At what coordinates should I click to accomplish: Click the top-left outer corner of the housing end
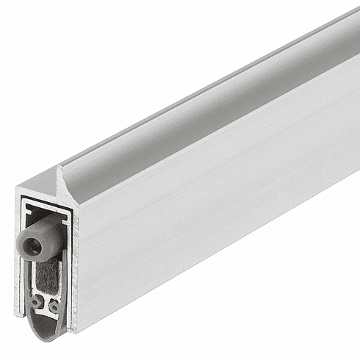16,190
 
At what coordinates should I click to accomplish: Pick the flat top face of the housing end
40,185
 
